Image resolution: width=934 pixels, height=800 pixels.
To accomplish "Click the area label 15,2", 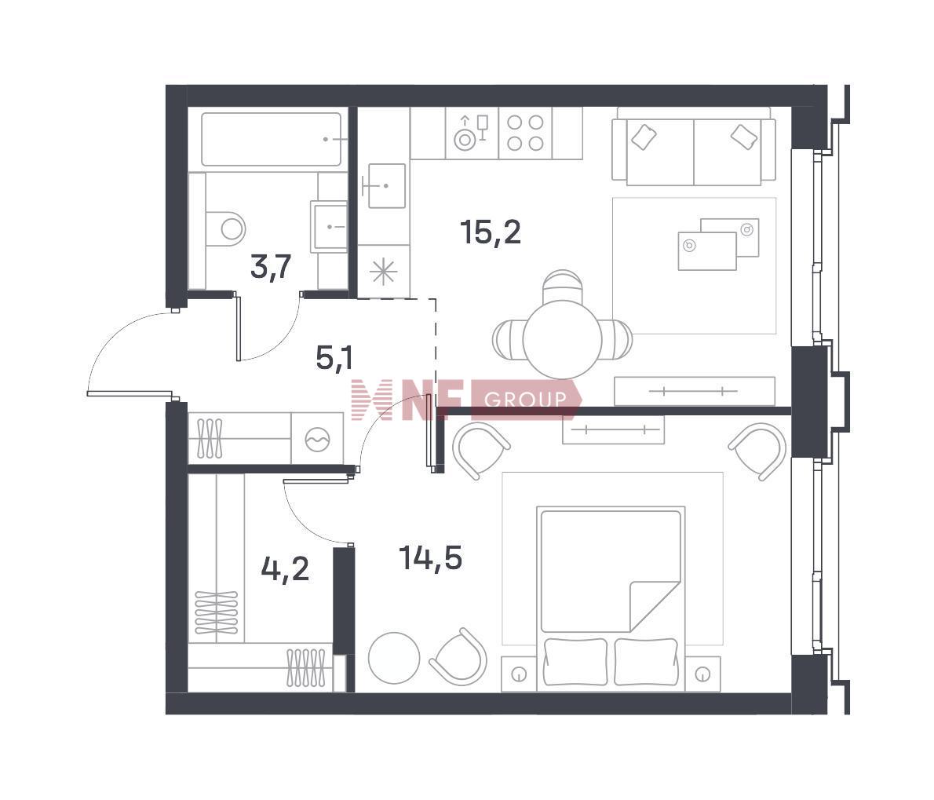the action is pos(491,232).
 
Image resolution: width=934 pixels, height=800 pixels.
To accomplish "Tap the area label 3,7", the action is pos(271,267).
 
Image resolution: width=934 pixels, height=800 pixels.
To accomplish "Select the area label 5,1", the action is pos(335,359).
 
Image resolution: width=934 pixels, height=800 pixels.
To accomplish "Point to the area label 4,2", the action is pos(286,569).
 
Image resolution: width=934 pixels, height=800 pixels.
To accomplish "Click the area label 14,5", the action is pos(431,558).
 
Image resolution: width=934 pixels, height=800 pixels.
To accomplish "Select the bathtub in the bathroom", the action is pos(272,140).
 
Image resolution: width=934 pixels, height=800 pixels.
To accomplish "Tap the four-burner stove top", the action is pos(525,133).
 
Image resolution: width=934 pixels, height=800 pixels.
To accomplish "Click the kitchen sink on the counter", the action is pos(384,185).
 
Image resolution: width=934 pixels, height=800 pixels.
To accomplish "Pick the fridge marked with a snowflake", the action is pos(384,271).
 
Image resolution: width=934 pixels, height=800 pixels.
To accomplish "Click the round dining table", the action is pos(562,339).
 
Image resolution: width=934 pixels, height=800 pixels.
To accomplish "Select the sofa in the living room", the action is pos(694,145).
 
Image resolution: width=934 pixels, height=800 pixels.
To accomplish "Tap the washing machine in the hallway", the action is pos(317,439).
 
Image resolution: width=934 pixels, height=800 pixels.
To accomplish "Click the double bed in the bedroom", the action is pos(611,599).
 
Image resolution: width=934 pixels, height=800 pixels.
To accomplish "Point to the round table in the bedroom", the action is pos(394,658).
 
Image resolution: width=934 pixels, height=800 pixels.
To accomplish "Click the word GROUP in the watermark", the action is pos(525,399).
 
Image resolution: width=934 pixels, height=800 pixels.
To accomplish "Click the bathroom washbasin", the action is pos(329,226).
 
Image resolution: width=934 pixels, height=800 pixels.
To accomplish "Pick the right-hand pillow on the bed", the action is pos(646,662).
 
